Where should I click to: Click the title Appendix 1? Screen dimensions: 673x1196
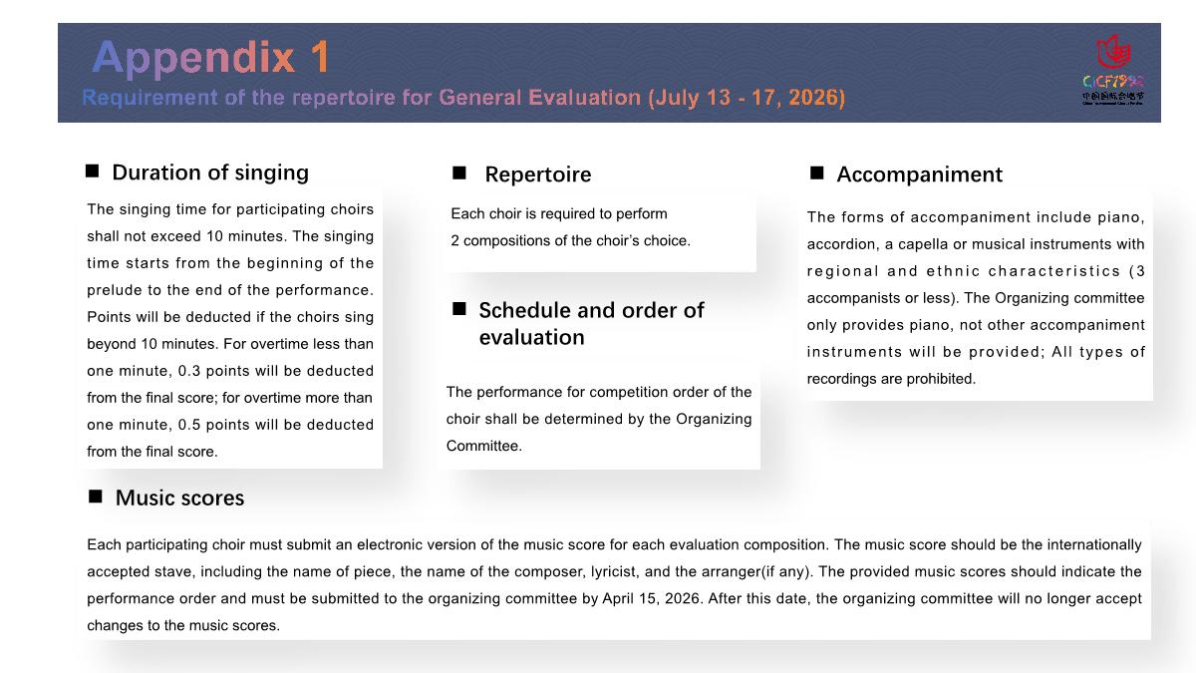210,58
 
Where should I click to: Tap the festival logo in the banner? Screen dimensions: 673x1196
1112,70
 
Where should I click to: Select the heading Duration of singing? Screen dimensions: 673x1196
210,172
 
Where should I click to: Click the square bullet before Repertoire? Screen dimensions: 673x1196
459,173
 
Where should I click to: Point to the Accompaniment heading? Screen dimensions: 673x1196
919,174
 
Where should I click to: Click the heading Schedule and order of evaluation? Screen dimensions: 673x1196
591,323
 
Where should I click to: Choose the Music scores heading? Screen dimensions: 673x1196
179,498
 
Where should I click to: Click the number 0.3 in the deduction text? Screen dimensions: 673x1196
191,371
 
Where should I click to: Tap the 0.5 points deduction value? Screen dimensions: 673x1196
191,425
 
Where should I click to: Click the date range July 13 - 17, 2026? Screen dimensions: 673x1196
747,98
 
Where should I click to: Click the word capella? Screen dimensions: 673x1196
926,244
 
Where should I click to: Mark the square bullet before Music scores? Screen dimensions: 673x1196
96,497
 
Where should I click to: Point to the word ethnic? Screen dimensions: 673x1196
954,271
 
